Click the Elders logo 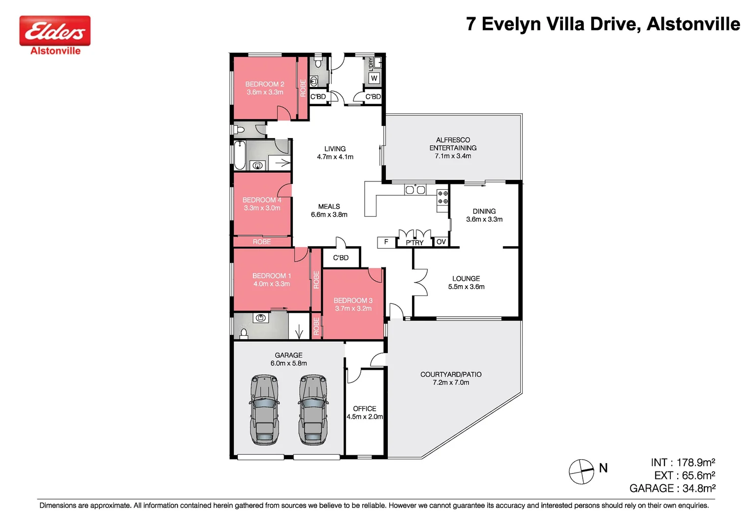55,31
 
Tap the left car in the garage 265,410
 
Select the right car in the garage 313,410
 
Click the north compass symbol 581,472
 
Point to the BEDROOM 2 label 265,84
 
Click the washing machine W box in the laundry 374,78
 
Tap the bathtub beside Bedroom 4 240,155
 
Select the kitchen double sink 415,189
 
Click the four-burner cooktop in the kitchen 442,198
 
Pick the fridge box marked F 386,242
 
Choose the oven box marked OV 441,242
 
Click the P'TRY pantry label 414,243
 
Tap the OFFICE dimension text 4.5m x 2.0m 365,416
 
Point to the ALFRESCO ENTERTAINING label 453,144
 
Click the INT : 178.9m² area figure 683,463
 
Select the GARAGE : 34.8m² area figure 672,488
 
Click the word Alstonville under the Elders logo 55,51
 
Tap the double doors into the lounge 420,282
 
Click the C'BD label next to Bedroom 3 341,258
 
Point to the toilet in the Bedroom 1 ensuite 243,334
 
